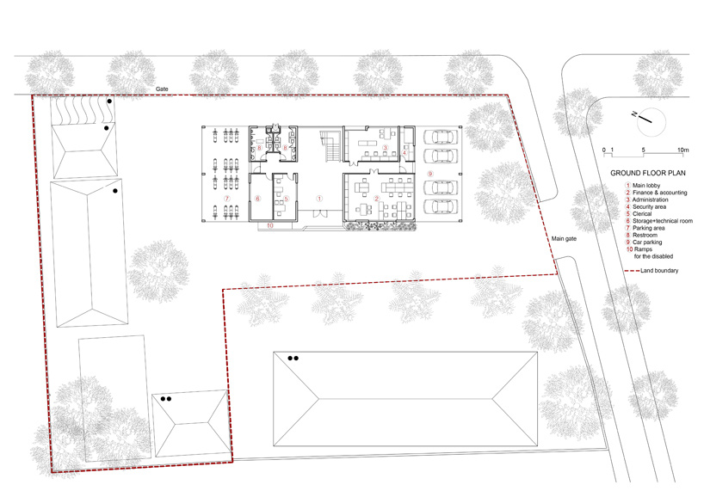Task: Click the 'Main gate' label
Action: (x=564, y=239)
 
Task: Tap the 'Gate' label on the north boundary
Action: (x=162, y=89)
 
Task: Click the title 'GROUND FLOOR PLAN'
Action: (x=648, y=173)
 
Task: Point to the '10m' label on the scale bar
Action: (x=682, y=150)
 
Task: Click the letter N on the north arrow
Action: (x=634, y=114)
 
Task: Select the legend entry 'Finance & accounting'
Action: (x=659, y=193)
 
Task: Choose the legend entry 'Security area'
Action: (x=649, y=206)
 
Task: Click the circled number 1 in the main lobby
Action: (x=319, y=199)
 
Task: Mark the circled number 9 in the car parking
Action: (x=429, y=174)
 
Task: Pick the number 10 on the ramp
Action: (x=270, y=225)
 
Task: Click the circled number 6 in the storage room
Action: (x=257, y=199)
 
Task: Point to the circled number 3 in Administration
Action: (x=385, y=147)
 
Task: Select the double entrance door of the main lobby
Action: (x=319, y=214)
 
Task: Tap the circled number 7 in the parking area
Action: (x=226, y=199)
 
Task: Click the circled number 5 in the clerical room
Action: (x=287, y=199)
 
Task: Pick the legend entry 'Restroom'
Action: (x=645, y=235)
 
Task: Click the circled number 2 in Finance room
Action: (x=377, y=199)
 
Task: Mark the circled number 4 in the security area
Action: (x=404, y=153)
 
